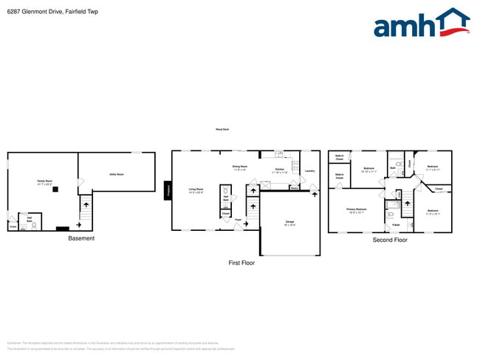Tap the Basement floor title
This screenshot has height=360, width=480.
(x=81, y=238)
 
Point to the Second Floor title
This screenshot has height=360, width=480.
(x=390, y=240)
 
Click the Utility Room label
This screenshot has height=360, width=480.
(x=117, y=175)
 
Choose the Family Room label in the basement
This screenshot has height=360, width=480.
(x=44, y=182)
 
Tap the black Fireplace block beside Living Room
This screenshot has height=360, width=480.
(x=168, y=190)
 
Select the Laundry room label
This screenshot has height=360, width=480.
(x=309, y=171)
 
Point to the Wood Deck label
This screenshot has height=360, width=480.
(x=222, y=130)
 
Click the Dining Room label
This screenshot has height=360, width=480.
(x=239, y=167)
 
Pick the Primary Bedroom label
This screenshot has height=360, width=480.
(x=357, y=210)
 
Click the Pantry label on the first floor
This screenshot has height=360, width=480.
(x=294, y=188)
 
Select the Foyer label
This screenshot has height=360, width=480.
(x=239, y=220)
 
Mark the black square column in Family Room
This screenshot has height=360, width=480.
(x=55, y=189)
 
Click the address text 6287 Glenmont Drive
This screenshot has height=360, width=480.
(x=52, y=12)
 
